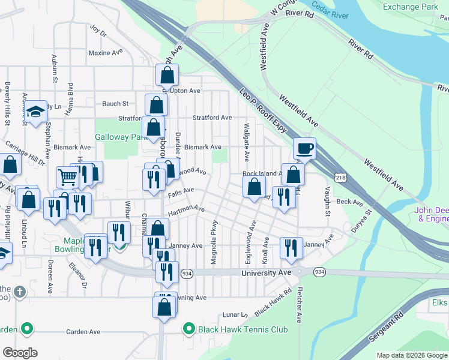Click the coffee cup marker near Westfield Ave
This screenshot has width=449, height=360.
(x=305, y=148)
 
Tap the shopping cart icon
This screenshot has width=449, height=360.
(x=67, y=176)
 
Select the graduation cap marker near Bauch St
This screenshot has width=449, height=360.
(x=35, y=111)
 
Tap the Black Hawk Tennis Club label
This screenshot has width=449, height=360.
(x=244, y=329)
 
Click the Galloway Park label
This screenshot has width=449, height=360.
(x=121, y=137)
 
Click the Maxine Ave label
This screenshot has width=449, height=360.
(x=105, y=53)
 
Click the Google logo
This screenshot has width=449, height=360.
(x=20, y=353)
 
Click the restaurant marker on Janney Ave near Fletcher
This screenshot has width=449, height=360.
(x=291, y=248)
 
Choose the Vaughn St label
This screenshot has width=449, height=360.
(x=328, y=201)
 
